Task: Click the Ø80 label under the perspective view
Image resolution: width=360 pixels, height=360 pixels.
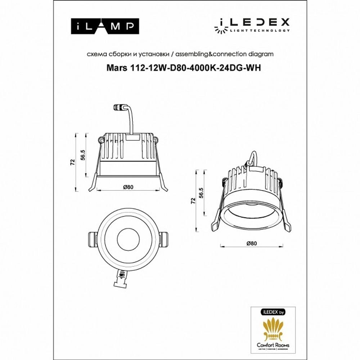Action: [252, 243]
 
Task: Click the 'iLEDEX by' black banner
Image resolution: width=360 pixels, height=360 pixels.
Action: [273, 312]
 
